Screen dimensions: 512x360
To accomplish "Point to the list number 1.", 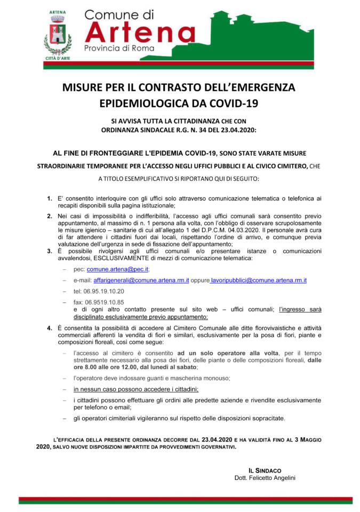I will click(x=50, y=198).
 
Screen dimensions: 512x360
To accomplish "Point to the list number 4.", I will click(x=50, y=326).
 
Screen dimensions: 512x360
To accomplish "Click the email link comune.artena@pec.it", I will click(x=118, y=270).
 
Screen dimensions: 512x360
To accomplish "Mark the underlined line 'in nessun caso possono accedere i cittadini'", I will click(x=136, y=389).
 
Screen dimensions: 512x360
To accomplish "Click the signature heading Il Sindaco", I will click(x=265, y=470).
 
